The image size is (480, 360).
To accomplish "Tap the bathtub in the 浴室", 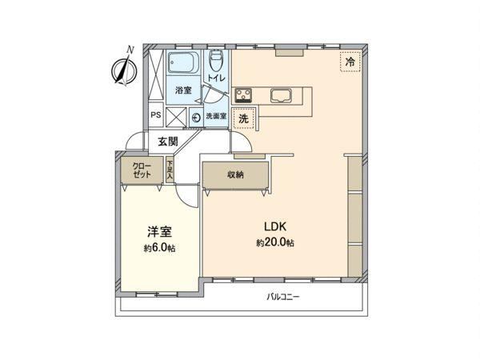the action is click(184, 62).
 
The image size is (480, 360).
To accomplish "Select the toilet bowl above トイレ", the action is click(217, 59).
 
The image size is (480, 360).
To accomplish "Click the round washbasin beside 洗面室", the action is click(196, 118).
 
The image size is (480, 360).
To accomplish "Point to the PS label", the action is click(156, 115).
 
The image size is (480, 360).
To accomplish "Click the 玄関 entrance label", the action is click(168, 142).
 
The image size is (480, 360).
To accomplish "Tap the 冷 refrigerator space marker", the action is click(350, 62).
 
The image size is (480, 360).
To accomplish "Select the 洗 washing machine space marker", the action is click(243, 118).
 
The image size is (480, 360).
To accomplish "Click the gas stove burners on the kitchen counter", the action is click(243, 95).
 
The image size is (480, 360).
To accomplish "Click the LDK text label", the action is click(275, 227).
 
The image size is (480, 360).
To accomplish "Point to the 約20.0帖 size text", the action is click(275, 242).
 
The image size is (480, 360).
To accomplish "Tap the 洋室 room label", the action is click(159, 232).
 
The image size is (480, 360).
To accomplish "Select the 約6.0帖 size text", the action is click(159, 248).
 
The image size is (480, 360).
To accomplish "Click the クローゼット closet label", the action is click(142, 170).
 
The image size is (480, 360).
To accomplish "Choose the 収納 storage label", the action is click(235, 174).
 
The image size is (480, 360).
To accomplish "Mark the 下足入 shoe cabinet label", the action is click(170, 171).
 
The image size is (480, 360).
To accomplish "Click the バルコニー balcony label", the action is click(283, 297).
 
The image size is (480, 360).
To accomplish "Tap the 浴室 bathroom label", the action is click(183, 90).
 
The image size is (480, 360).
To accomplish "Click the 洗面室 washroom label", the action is click(216, 116).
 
